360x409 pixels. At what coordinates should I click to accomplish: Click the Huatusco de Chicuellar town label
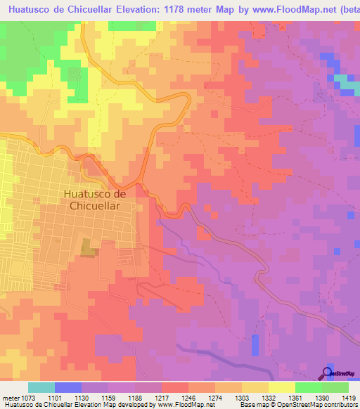click(94, 200)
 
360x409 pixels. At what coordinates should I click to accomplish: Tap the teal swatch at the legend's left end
click(41, 387)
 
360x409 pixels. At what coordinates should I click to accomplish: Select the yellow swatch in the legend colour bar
click(281, 387)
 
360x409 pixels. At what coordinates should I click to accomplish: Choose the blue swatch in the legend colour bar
click(68, 387)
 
